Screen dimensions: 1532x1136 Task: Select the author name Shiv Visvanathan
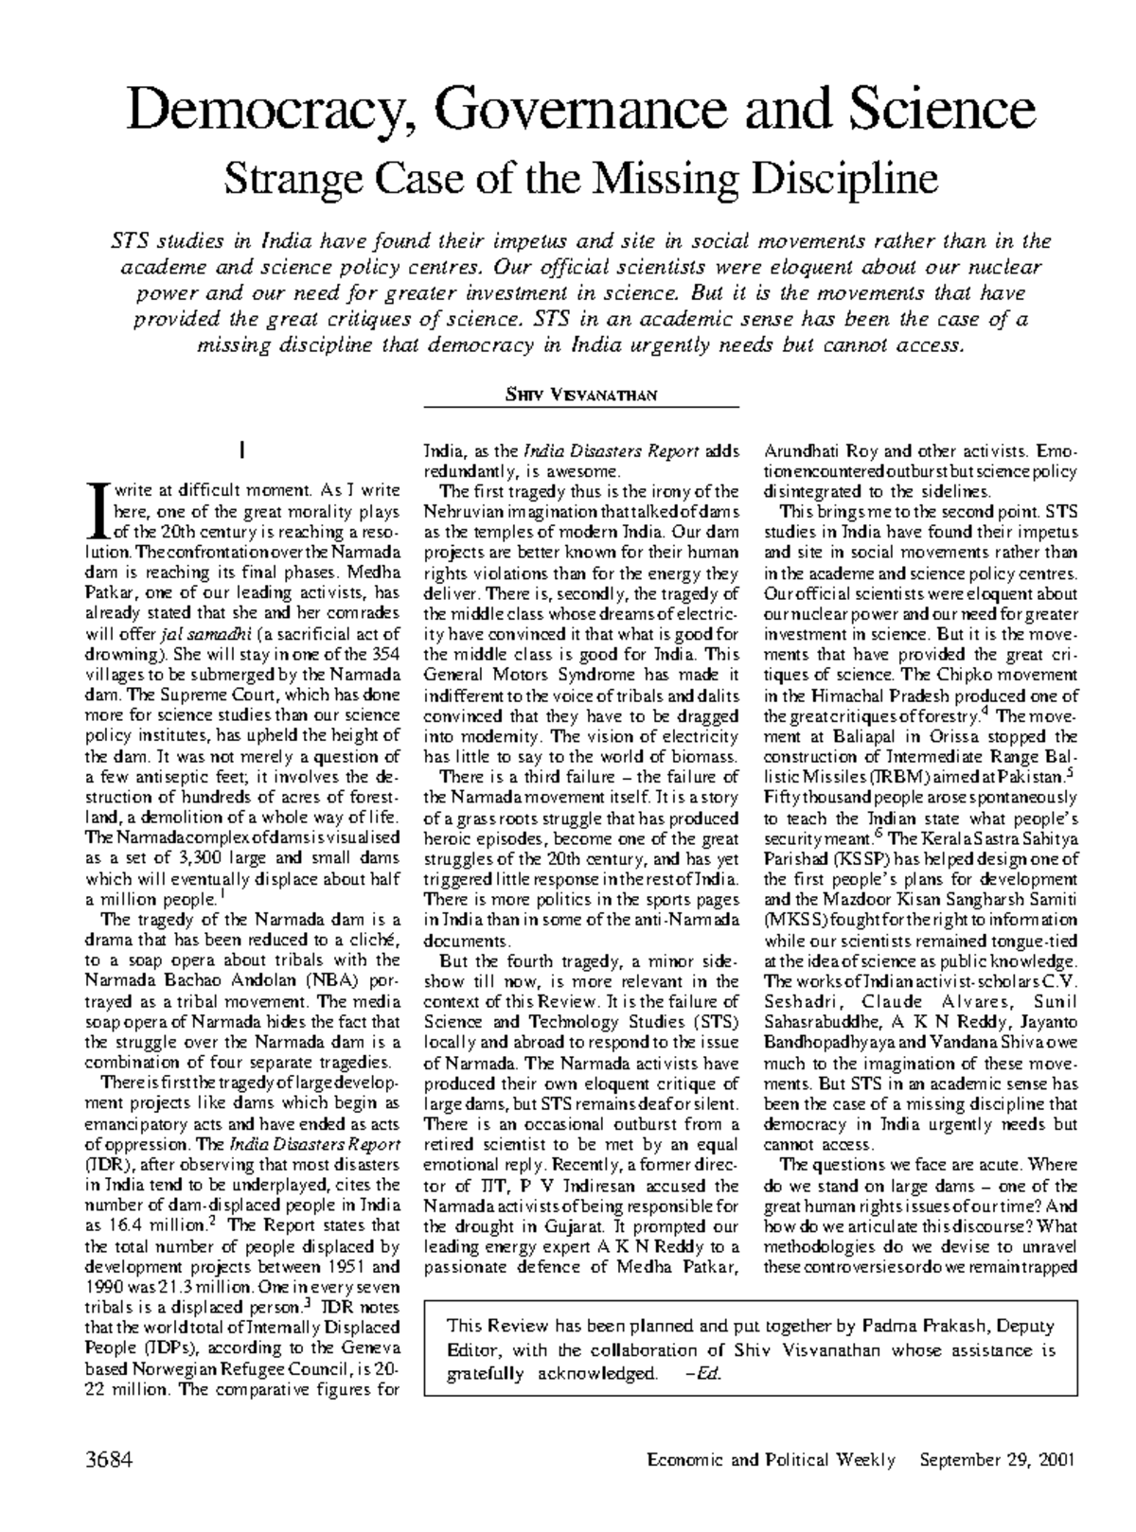click(581, 395)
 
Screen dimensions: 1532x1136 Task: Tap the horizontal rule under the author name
click(581, 408)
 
